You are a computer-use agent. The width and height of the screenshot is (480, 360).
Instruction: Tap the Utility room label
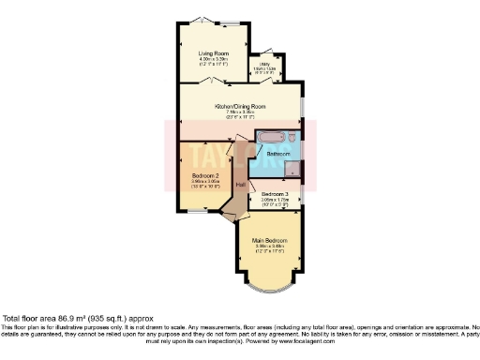(267, 64)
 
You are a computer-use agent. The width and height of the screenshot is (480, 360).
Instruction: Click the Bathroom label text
(278, 153)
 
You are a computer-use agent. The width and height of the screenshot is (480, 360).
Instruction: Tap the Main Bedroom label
(269, 241)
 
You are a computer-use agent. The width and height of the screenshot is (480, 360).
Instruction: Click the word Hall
(240, 184)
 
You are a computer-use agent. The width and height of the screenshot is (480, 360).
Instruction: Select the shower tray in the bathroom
(294, 170)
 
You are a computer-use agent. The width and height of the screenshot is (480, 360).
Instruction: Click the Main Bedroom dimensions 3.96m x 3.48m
(269, 247)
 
